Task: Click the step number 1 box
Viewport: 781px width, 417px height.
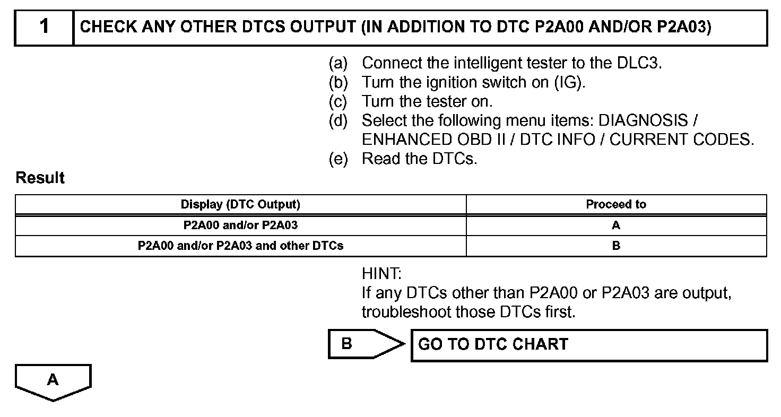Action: pos(44,28)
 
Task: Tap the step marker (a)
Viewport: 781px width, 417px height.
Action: pos(338,64)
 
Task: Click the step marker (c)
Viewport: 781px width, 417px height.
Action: pos(338,101)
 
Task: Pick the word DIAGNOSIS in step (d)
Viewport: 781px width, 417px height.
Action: pos(641,120)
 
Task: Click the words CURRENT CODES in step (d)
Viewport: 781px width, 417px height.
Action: pos(681,140)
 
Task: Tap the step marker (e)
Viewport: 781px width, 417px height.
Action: pos(338,159)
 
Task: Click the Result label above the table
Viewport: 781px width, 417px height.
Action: pos(40,178)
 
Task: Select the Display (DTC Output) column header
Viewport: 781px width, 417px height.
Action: pos(240,204)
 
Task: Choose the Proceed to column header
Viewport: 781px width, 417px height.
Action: pos(616,204)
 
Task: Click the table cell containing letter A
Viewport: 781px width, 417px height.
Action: pos(616,225)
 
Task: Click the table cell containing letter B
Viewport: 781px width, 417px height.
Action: pos(616,246)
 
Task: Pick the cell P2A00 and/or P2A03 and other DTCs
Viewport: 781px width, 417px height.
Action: pos(240,246)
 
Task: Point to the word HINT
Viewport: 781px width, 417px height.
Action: pos(381,274)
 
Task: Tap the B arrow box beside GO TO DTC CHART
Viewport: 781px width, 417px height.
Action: pos(361,344)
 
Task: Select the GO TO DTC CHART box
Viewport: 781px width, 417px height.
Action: pos(589,345)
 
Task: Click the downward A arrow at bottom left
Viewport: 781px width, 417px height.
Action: pos(53,381)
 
